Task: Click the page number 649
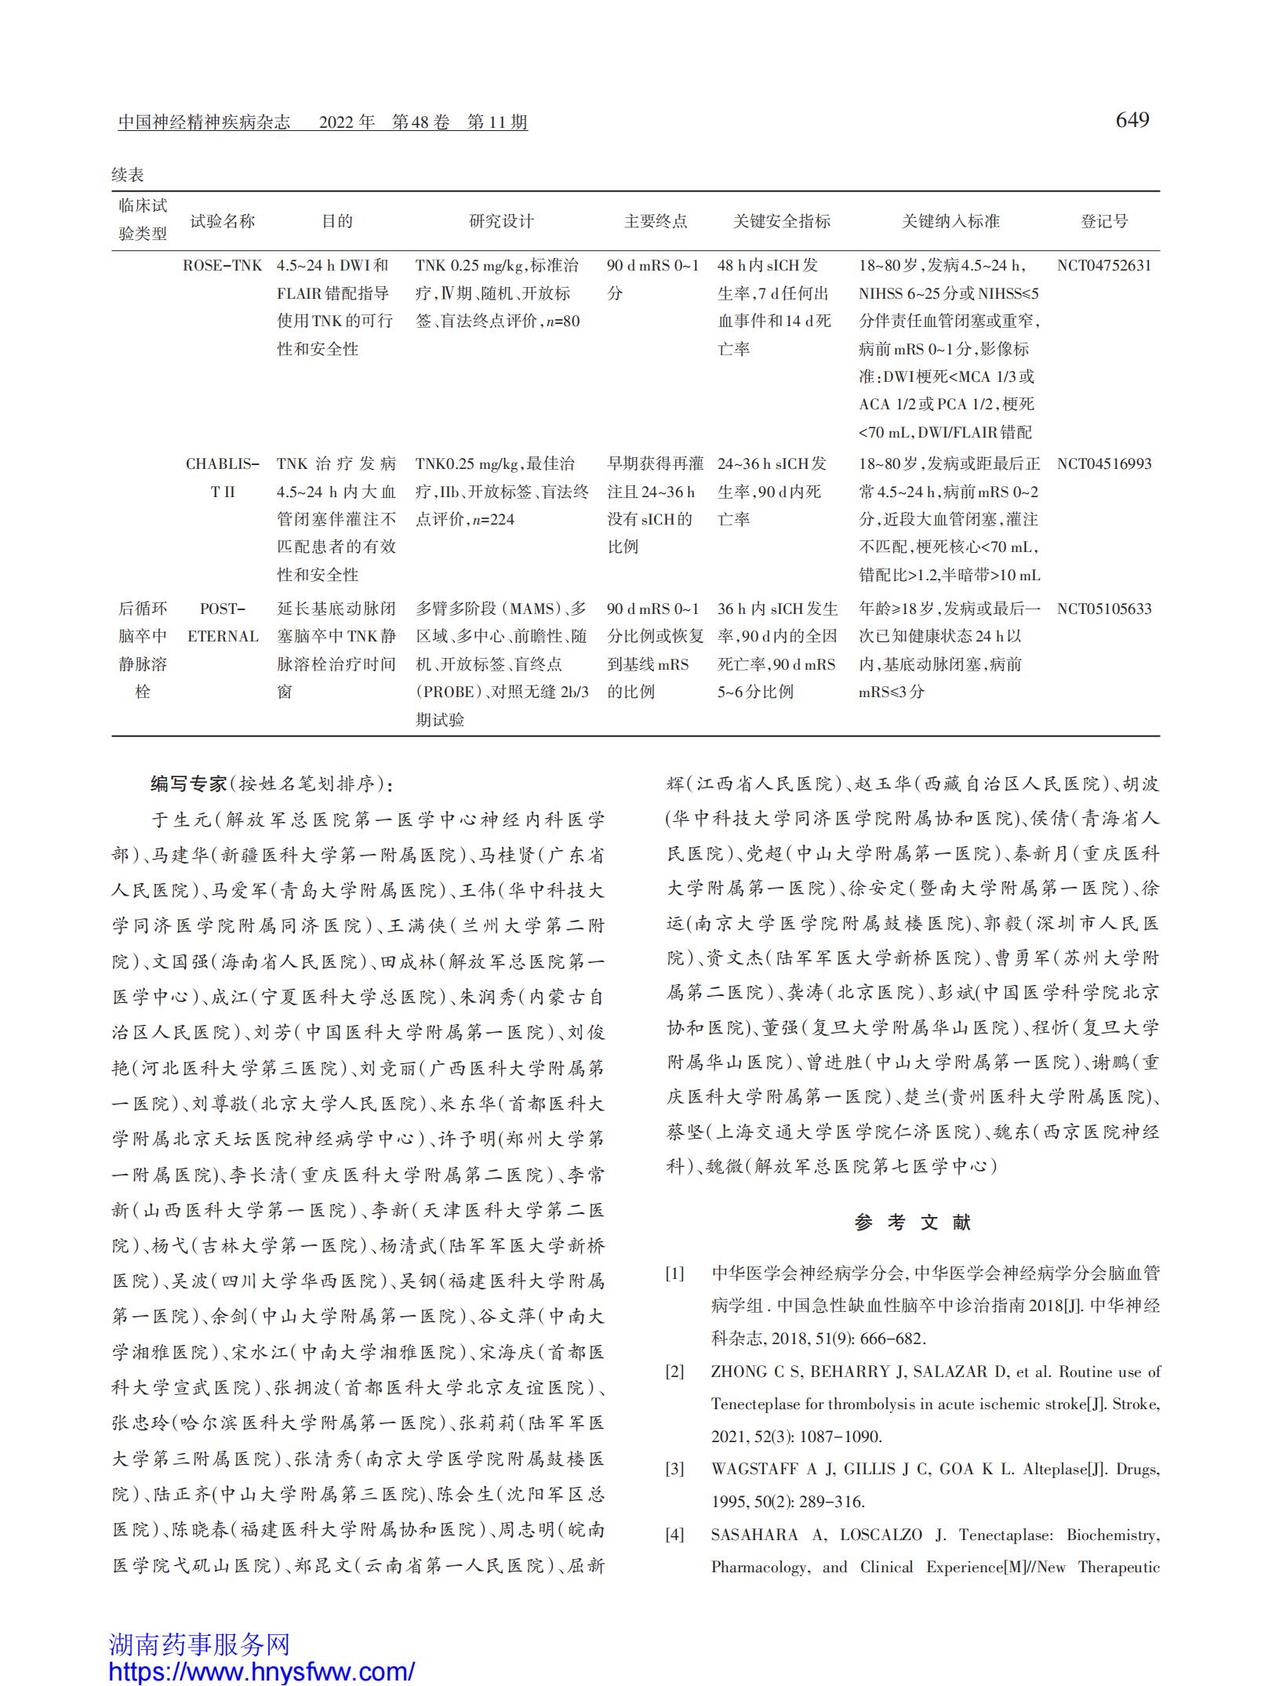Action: coord(1132,120)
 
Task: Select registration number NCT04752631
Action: coord(1103,266)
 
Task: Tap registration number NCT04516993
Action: coord(1103,464)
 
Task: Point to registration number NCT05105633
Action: coord(1103,609)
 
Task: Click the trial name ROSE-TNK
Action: coord(222,266)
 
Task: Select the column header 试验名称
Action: coord(222,222)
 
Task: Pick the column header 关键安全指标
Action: coord(781,222)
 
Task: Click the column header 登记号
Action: coord(1103,222)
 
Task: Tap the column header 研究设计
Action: coord(501,222)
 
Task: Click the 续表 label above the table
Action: coord(128,175)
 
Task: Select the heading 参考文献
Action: coord(913,1223)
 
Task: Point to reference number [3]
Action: coord(675,1470)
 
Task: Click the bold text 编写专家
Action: coord(188,783)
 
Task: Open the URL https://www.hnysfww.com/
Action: coord(261,1671)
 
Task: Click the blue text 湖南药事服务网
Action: coord(199,1644)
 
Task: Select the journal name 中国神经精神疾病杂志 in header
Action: coord(204,122)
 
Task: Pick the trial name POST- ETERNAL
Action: coord(222,623)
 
